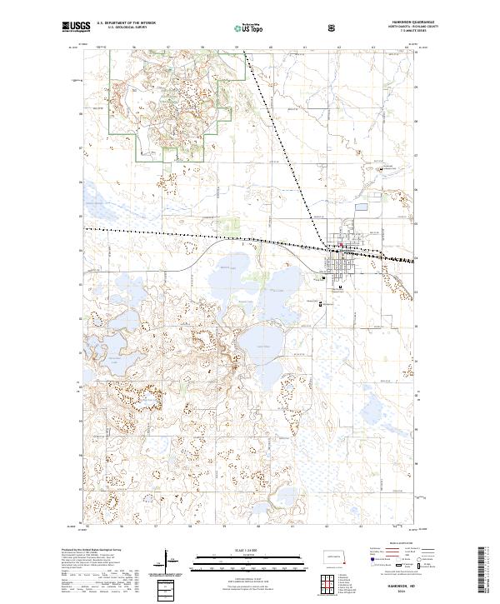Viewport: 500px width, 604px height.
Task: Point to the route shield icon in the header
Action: point(333,27)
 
